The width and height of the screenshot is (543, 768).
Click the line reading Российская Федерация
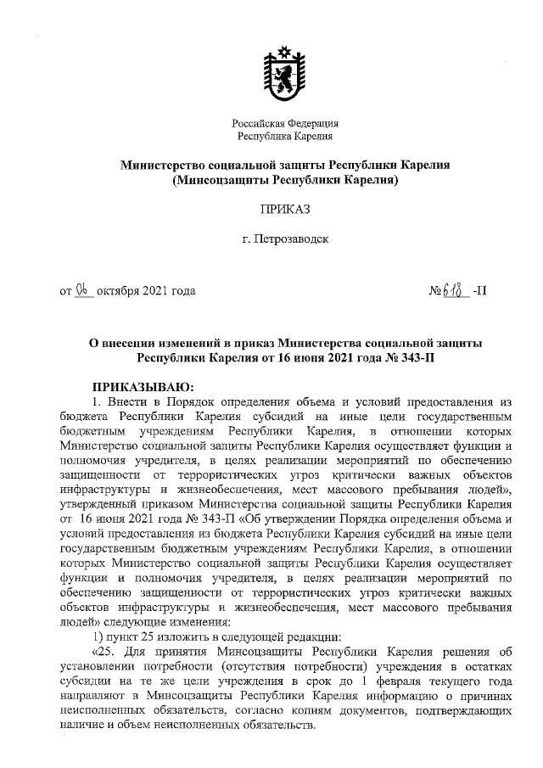[284, 123]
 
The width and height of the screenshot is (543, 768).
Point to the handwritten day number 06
[82, 290]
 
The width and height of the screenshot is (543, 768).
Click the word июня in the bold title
[313, 358]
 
